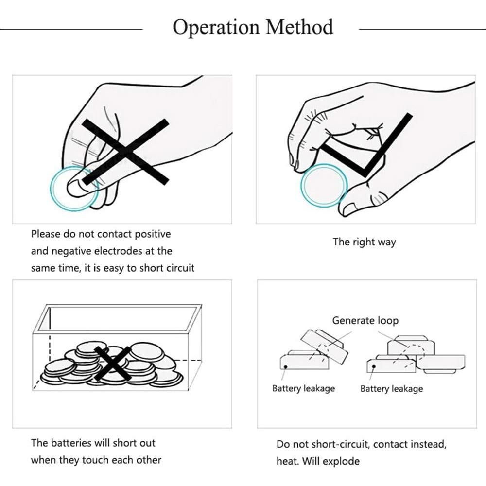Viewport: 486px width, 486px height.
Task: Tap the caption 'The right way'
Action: tap(364, 242)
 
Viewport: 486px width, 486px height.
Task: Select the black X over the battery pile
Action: tap(113, 363)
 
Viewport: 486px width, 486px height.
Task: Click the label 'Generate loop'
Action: tap(365, 321)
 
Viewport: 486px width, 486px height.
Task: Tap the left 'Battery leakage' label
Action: tap(303, 389)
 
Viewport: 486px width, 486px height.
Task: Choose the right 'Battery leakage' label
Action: tap(391, 389)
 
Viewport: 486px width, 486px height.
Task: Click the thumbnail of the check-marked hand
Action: tap(365, 149)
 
